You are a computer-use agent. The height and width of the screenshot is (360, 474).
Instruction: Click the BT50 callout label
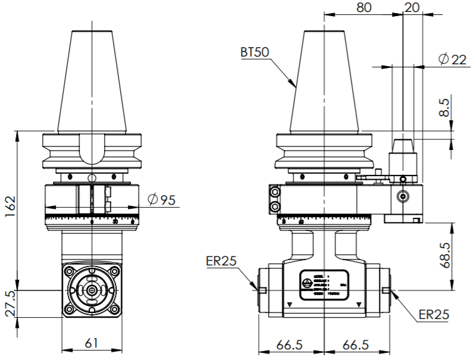click(255, 52)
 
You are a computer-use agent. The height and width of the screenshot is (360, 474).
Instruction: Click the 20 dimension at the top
click(412, 8)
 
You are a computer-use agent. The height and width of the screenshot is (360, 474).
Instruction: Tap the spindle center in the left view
click(92, 290)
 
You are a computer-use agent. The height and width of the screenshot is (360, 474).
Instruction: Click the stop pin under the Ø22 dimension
click(403, 146)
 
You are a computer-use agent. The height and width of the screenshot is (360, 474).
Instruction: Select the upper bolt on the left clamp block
click(275, 192)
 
